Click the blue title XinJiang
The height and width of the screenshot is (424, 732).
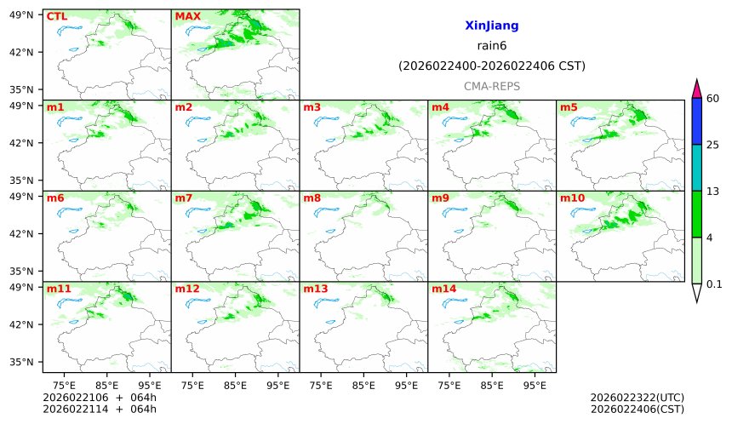point(491,26)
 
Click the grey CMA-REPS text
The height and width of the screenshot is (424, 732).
point(491,87)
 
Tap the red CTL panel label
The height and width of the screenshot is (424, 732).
point(56,16)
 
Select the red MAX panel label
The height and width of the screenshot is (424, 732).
point(187,16)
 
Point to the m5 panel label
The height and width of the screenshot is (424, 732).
point(569,107)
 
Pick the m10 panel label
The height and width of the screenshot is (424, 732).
point(572,198)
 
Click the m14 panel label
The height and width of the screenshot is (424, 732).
point(443,289)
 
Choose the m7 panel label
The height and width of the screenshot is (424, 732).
point(184,198)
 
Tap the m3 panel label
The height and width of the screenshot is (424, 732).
point(312,107)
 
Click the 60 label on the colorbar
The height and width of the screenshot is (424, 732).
point(713,99)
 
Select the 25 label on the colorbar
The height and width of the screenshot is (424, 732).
point(713,145)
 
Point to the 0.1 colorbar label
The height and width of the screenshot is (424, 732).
point(714,284)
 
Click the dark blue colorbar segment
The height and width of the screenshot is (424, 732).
point(697,121)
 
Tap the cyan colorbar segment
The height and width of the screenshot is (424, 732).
point(697,167)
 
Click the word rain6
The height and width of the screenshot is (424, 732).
point(491,46)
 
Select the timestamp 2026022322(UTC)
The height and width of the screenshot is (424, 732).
point(637,398)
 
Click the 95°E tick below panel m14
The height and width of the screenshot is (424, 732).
point(535,385)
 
